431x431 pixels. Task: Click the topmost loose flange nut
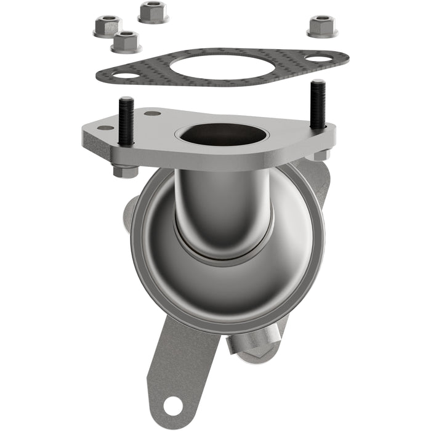[153, 12]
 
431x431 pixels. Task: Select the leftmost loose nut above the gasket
[107, 26]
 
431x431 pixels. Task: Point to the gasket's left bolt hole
[127, 76]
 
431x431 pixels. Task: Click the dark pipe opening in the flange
[223, 134]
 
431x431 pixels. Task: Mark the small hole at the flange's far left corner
[105, 128]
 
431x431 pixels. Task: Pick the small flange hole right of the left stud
[153, 113]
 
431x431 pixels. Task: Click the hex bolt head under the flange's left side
[125, 171]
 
